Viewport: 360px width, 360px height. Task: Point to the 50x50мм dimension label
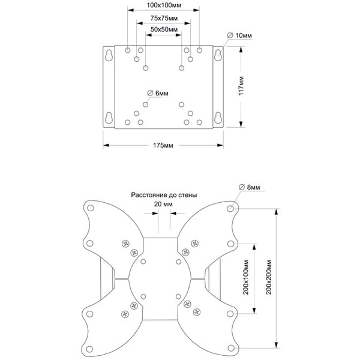pyautogui.click(x=163, y=29)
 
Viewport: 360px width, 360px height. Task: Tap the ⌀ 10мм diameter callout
pyautogui.click(x=239, y=36)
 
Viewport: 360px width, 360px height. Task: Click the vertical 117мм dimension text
pyautogui.click(x=241, y=88)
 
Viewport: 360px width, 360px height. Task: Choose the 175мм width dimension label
pyautogui.click(x=163, y=145)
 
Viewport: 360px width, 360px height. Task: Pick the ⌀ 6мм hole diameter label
pyautogui.click(x=158, y=93)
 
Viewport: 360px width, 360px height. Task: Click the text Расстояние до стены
pyautogui.click(x=164, y=195)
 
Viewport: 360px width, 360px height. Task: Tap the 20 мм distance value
pyautogui.click(x=163, y=205)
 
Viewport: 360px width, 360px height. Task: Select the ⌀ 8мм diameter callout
pyautogui.click(x=248, y=188)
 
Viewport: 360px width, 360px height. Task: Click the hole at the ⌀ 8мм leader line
pyautogui.click(x=232, y=209)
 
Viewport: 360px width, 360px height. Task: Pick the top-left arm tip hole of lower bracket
pyautogui.click(x=91, y=209)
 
